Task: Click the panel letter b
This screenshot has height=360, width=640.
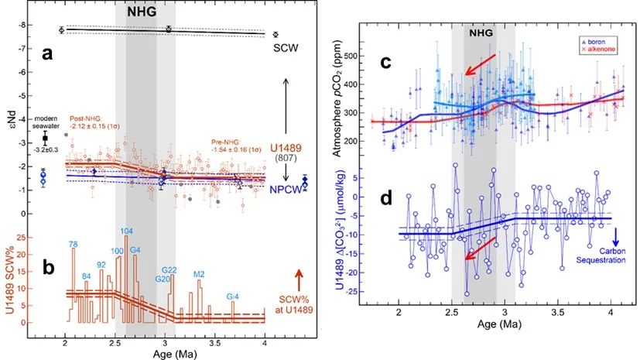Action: pos(48,268)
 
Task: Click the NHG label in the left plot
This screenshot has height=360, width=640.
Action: pos(145,11)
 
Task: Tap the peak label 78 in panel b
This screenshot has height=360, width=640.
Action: pos(73,245)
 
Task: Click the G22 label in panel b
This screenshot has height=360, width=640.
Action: pos(171,269)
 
